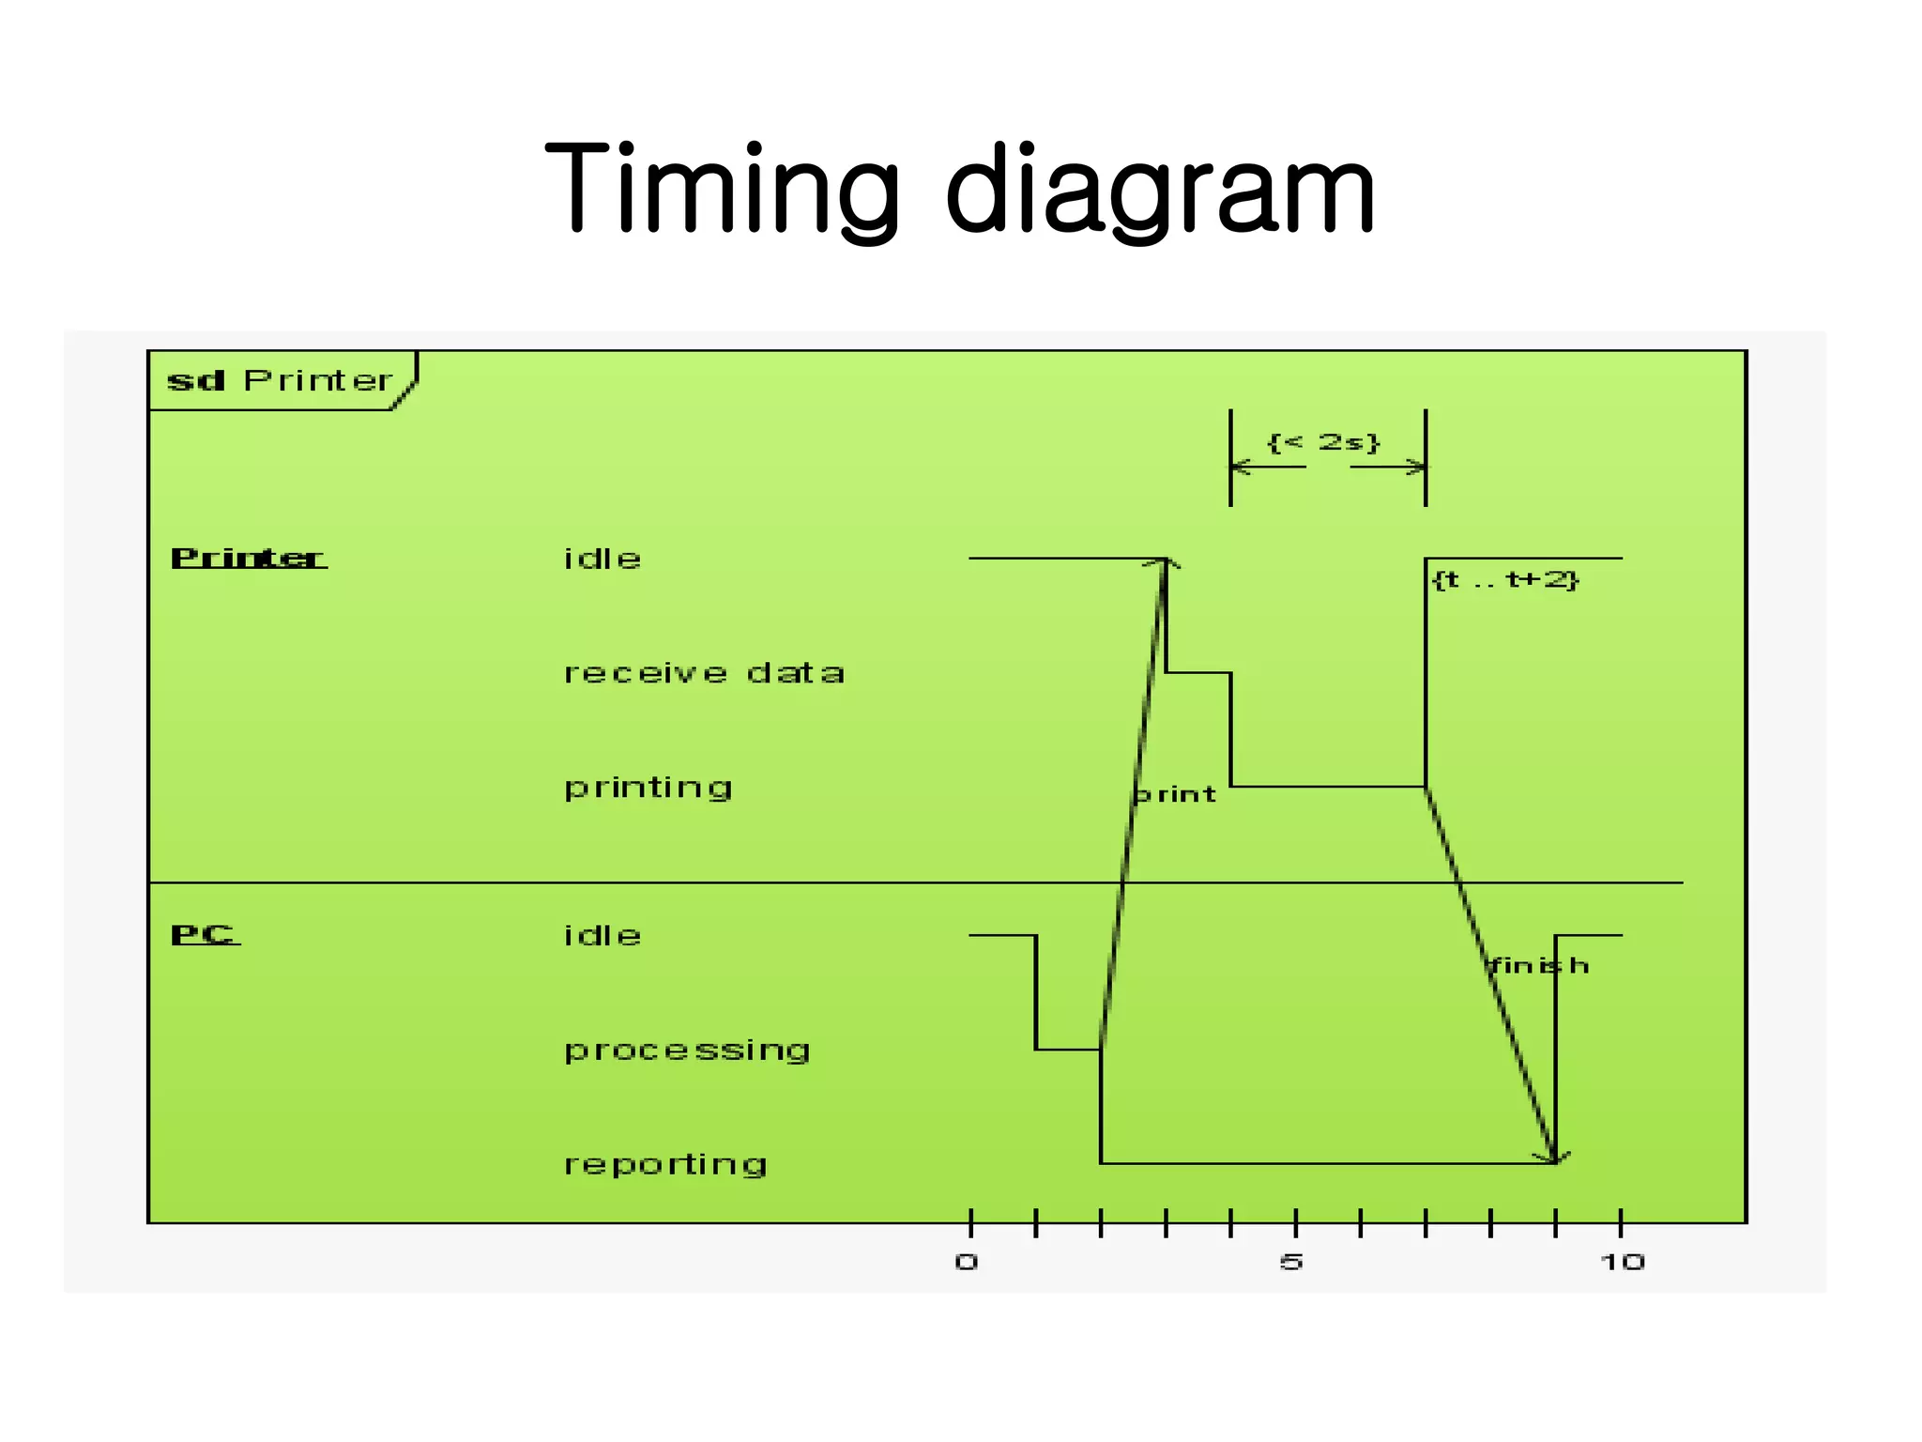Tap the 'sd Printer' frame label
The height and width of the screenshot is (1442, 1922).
(280, 380)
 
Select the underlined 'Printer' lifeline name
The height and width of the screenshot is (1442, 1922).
(249, 558)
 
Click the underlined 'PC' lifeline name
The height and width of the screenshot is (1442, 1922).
(205, 934)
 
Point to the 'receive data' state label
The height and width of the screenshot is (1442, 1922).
(704, 673)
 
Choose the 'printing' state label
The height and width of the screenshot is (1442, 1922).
(648, 788)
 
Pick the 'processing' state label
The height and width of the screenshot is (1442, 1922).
(687, 1051)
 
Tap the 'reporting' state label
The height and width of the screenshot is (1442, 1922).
(665, 1164)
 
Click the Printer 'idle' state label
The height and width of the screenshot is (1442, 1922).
(603, 559)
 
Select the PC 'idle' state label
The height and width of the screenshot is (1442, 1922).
(603, 935)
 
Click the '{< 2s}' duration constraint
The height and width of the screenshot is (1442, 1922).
(1323, 442)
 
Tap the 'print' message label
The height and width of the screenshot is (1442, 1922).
(1175, 794)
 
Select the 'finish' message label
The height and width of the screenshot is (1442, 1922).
(1539, 965)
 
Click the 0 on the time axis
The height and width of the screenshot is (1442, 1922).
(967, 1262)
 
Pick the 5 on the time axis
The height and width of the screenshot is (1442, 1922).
(1291, 1262)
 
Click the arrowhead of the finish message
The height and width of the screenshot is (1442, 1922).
(1553, 1158)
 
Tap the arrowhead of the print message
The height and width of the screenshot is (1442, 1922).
(1164, 562)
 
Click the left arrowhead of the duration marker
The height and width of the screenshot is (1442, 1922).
(1239, 467)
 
